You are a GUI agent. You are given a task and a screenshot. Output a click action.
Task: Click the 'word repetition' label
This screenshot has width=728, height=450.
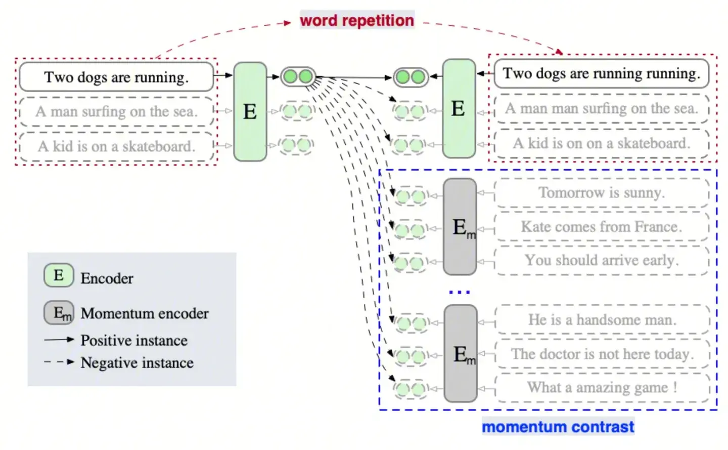coord(357,20)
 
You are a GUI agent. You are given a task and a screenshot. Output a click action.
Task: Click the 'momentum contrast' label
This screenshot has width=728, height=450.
coord(558,427)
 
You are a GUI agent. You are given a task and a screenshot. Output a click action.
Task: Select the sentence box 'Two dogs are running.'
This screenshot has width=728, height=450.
coord(116,77)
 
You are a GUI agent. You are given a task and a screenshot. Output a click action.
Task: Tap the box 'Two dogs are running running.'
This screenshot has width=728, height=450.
coord(601,73)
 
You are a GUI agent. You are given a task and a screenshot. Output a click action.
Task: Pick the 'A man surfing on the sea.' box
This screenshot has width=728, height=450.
coord(116,111)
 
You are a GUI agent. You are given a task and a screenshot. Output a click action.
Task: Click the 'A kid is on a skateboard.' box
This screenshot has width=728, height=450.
coord(116,146)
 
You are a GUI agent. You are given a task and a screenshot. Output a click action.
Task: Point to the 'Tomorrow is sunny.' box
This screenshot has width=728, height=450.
coord(601,193)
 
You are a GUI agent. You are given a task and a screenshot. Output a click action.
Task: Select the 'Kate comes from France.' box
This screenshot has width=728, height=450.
coord(601,226)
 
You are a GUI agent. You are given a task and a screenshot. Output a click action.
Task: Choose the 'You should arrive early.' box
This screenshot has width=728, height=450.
coord(601,260)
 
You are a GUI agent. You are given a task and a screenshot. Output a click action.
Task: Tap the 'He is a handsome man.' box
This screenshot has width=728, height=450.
coord(602,319)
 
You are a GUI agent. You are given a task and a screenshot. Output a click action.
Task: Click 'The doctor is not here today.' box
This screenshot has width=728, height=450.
coord(602,354)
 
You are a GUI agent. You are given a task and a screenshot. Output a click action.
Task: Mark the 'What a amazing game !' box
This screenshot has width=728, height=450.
coord(602,388)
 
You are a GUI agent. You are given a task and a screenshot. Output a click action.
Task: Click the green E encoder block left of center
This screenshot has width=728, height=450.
coord(250,111)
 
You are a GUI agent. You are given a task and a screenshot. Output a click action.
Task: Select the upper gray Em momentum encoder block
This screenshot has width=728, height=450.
coord(460,227)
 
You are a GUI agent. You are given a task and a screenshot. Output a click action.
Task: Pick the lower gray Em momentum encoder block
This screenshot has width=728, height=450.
coord(461,354)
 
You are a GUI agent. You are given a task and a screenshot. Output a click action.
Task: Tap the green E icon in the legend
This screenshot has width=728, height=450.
coord(59,275)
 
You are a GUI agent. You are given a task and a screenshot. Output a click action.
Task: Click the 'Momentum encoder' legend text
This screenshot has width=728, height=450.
coord(145,313)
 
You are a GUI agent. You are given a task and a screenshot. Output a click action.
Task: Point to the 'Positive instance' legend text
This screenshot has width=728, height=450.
coord(134,340)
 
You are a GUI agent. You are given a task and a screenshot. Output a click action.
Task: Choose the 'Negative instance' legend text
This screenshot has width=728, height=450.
coord(137,362)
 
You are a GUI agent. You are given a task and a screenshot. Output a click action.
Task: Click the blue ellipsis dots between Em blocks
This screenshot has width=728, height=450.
coord(460,292)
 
